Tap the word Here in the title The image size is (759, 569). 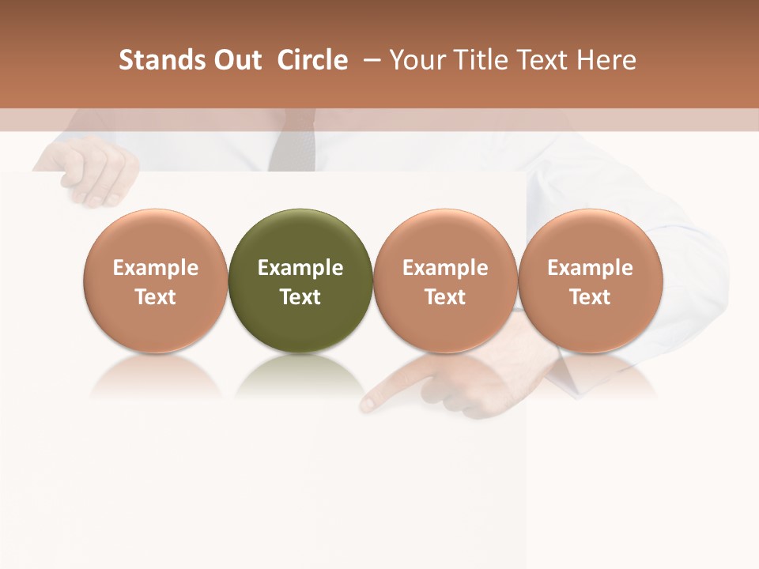tap(606, 60)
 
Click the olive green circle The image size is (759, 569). tap(300, 237)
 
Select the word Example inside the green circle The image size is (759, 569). tap(300, 268)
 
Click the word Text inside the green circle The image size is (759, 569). tap(300, 297)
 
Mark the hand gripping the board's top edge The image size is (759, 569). tap(91, 170)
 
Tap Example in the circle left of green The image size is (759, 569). tap(156, 268)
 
